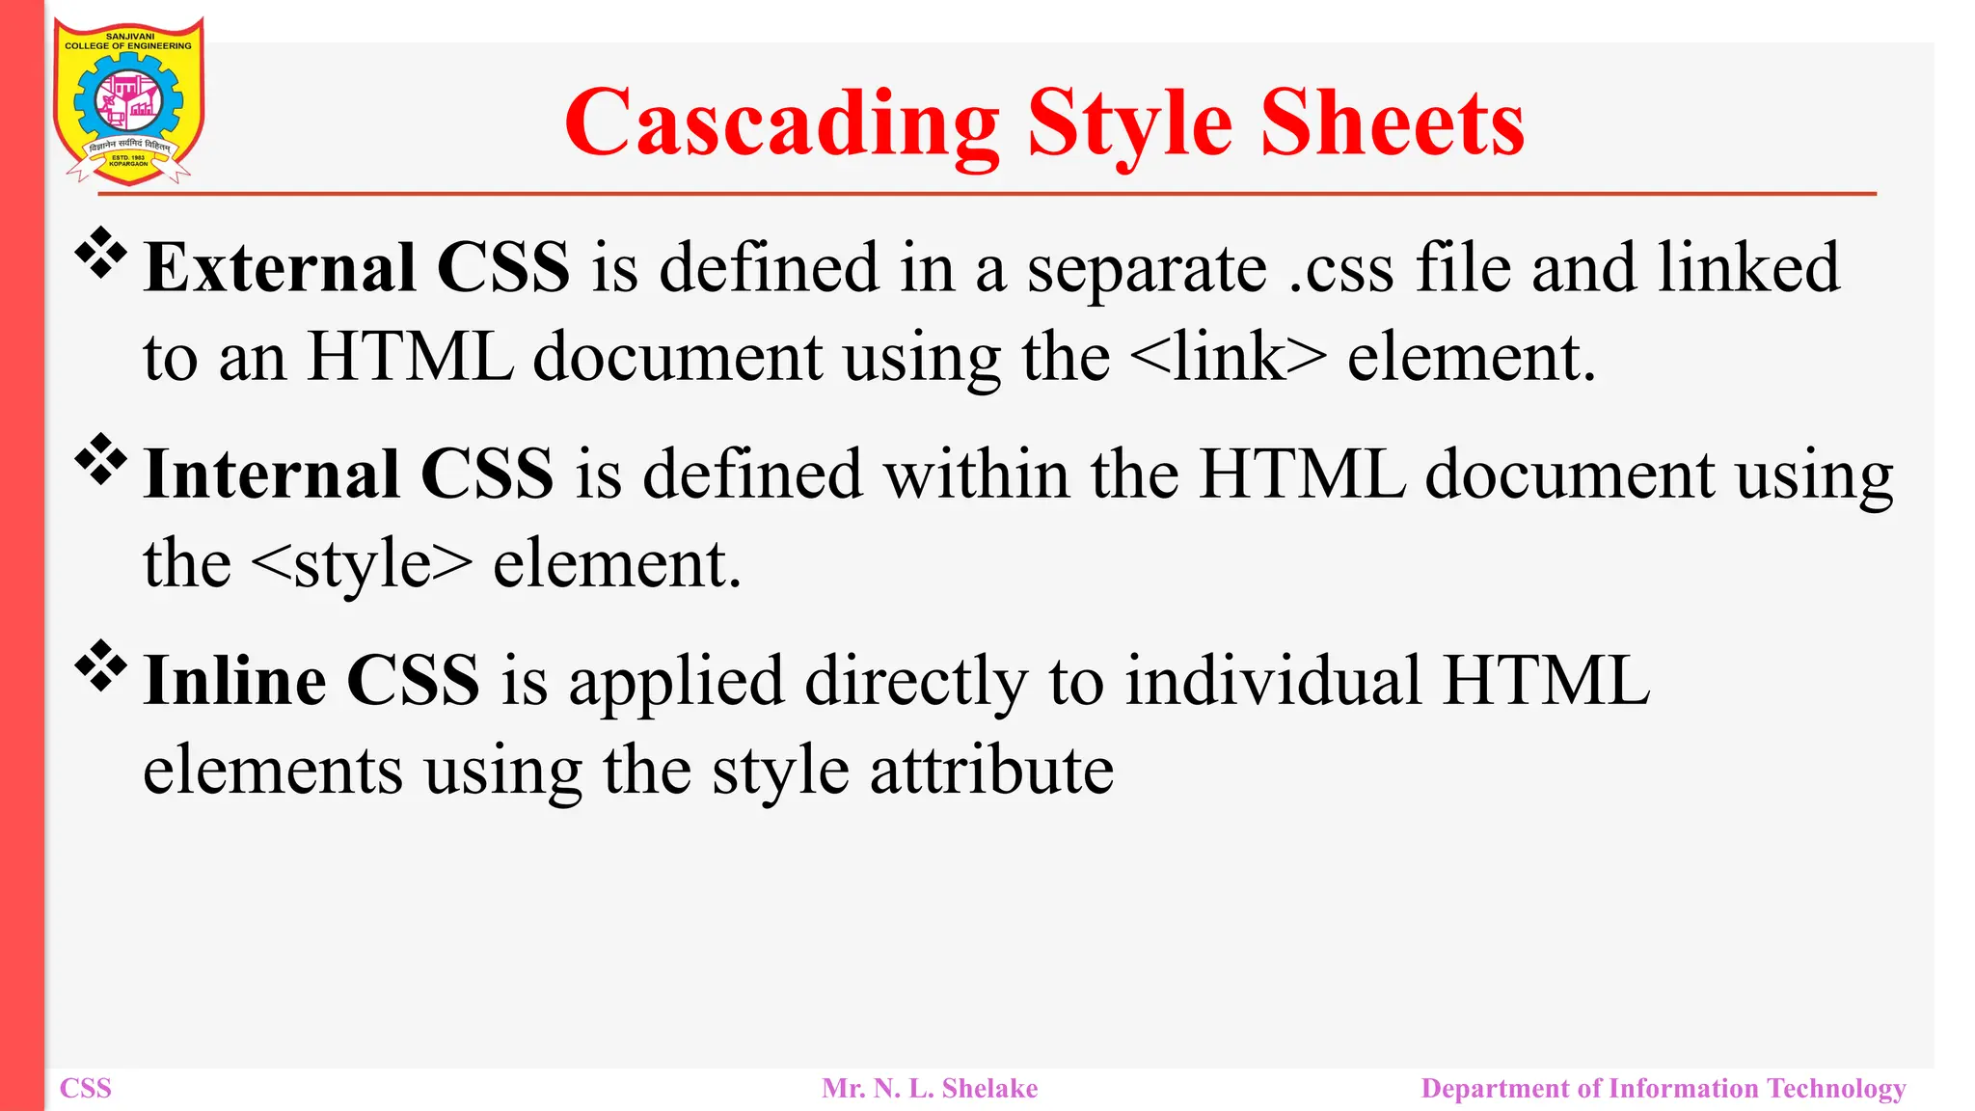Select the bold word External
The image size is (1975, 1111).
pyautogui.click(x=280, y=267)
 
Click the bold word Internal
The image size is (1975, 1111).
pyautogui.click(x=272, y=474)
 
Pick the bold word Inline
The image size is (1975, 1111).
pyautogui.click(x=234, y=681)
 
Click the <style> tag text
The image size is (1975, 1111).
pyautogui.click(x=361, y=564)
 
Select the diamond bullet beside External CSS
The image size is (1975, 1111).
pyautogui.click(x=101, y=254)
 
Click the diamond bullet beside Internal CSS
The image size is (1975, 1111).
pyautogui.click(x=101, y=460)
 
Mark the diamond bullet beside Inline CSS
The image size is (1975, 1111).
pyautogui.click(x=101, y=666)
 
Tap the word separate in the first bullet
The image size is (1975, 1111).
pyautogui.click(x=1147, y=269)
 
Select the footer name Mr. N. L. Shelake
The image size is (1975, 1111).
pyautogui.click(x=930, y=1089)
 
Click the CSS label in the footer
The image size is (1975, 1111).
pyautogui.click(x=86, y=1089)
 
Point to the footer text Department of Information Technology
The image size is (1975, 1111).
pyautogui.click(x=1664, y=1089)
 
